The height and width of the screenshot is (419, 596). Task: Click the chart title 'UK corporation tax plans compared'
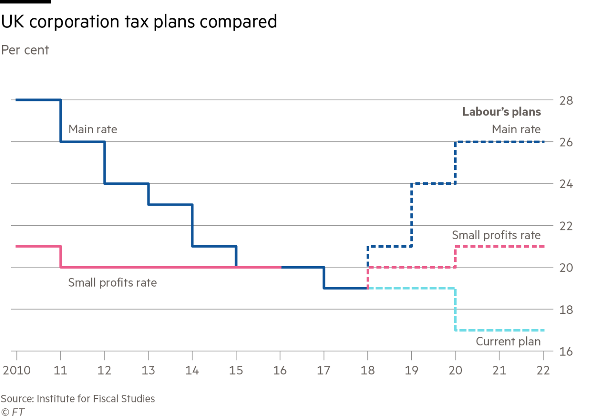[139, 22]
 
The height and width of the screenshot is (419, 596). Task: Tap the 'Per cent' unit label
[25, 50]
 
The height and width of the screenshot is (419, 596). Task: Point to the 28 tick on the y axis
[566, 101]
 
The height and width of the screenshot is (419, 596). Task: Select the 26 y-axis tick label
[566, 142]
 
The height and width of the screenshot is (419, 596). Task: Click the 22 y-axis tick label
[566, 226]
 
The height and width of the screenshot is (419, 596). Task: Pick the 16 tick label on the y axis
[566, 352]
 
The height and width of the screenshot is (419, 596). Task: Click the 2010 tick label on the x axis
[17, 370]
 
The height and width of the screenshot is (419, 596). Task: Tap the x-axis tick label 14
[192, 370]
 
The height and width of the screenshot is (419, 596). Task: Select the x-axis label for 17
[324, 370]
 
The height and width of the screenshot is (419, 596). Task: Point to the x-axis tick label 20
[456, 370]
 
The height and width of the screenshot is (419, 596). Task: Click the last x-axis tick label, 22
[543, 370]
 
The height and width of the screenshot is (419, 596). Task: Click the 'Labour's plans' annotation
[502, 112]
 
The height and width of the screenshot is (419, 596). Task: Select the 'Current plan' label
[508, 342]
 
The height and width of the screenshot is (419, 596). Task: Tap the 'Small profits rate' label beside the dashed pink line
[496, 235]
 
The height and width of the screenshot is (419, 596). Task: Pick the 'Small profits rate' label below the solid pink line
[113, 283]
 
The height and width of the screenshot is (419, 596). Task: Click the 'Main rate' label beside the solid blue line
[93, 129]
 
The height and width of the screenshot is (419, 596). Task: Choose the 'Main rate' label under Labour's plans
[516, 129]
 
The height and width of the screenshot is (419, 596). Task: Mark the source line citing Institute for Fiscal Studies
[77, 399]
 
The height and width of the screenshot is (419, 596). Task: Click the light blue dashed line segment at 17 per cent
[500, 330]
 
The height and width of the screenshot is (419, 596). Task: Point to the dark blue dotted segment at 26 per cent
[500, 142]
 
